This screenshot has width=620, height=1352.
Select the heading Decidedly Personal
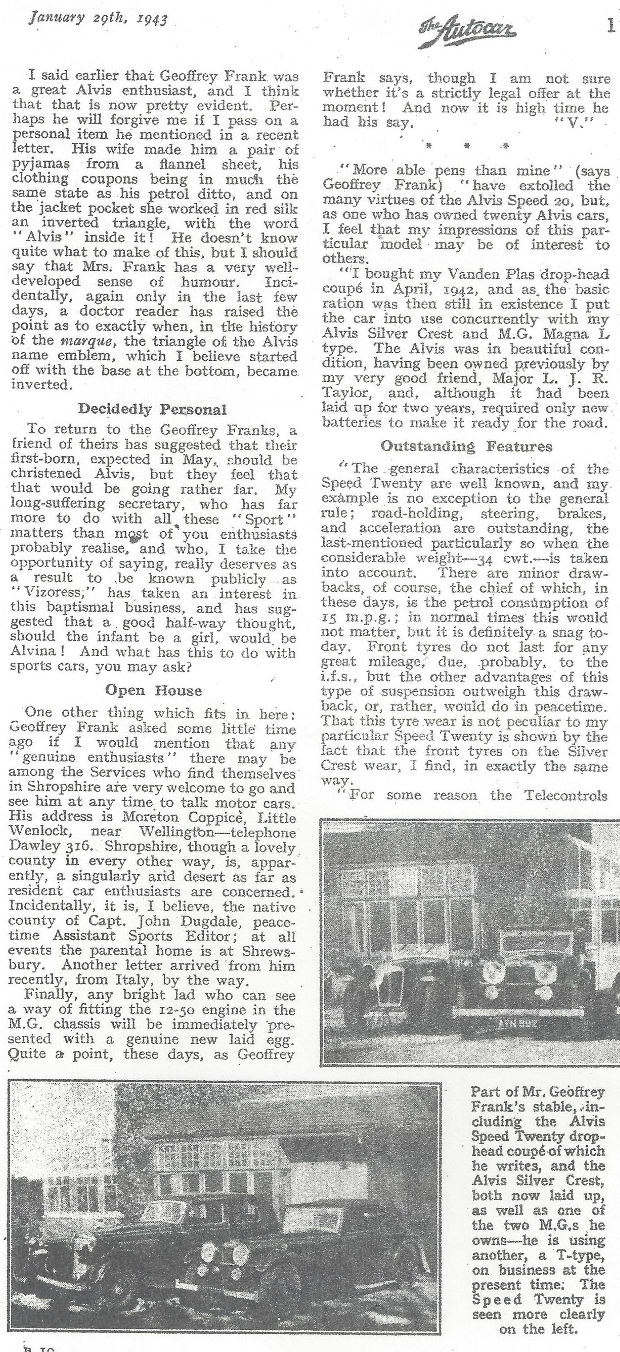pyautogui.click(x=152, y=409)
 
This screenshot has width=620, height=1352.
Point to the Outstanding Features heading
pyautogui.click(x=466, y=446)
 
